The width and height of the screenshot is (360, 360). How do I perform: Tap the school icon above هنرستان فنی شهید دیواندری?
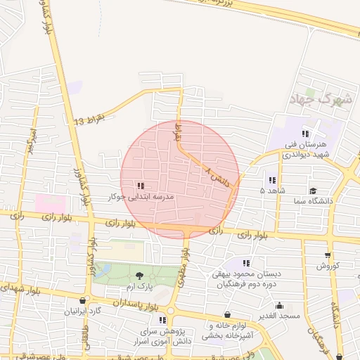pyautogui.click(x=305, y=134)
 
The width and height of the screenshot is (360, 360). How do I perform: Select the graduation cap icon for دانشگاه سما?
pyautogui.click(x=312, y=191)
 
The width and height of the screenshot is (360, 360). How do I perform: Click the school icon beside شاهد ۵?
pyautogui.click(x=272, y=181)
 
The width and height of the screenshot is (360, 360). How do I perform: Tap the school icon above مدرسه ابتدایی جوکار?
pyautogui.click(x=141, y=186)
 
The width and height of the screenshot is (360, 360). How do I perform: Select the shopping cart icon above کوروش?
pyautogui.click(x=328, y=255)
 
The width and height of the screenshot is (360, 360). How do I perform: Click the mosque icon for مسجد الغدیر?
pyautogui.click(x=280, y=305)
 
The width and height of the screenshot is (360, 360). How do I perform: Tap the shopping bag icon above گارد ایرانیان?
pyautogui.click(x=84, y=300)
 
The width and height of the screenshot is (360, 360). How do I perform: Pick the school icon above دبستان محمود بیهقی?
pyautogui.click(x=246, y=263)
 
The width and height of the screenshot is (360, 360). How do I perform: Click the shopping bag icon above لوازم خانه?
pyautogui.click(x=226, y=315)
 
